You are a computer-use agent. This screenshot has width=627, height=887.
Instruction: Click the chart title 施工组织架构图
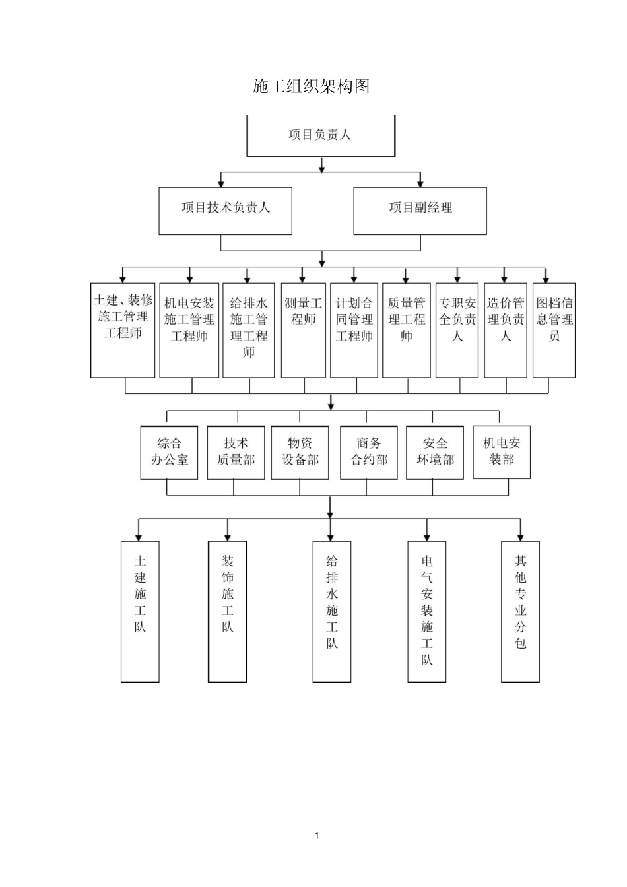point(311,86)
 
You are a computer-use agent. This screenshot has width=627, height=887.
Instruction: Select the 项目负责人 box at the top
point(321,135)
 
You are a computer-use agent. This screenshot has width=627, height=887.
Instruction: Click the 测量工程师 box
point(304,330)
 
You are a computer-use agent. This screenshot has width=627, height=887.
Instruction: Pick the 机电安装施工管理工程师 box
point(189,330)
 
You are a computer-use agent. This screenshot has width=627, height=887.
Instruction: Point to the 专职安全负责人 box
point(457,330)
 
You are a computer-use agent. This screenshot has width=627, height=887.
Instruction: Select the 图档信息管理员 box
point(554,330)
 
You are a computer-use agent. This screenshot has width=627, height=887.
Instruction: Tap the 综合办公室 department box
point(169,452)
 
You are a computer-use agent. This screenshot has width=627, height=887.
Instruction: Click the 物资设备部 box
point(300,452)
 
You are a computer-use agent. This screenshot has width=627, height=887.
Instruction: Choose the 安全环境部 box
point(435,452)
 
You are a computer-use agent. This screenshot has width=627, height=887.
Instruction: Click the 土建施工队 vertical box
point(140,611)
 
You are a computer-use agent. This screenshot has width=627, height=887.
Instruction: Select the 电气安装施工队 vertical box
point(427,611)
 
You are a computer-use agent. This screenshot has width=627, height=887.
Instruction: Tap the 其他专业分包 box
point(520,611)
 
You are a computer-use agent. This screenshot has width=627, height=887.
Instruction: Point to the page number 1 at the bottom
point(317,836)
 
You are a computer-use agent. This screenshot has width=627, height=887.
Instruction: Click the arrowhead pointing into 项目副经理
point(420,183)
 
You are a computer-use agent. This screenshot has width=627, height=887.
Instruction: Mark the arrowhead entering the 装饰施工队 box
point(228,537)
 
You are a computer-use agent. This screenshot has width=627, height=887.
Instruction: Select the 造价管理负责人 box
point(506,330)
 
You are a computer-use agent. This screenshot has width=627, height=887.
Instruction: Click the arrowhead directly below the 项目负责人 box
point(321,168)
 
